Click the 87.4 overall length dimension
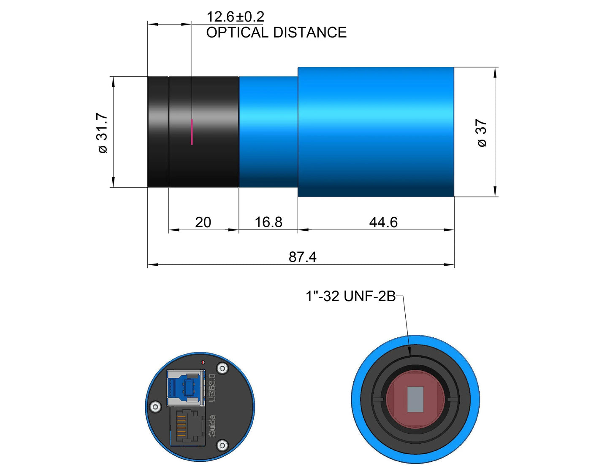click(x=302, y=257)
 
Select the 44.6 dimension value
click(x=383, y=223)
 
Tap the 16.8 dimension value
click(x=268, y=222)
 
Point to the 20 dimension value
click(x=203, y=223)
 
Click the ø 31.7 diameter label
click(x=102, y=133)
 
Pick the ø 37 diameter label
click(x=482, y=133)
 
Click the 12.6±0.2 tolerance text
click(x=235, y=17)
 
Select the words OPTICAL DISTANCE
click(x=276, y=32)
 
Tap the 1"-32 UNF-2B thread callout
click(x=350, y=296)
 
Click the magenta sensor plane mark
click(x=192, y=132)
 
